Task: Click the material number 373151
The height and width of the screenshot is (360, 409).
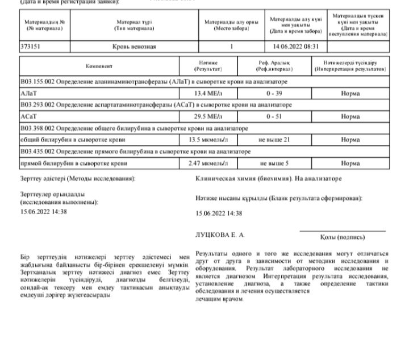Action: [x=30, y=47]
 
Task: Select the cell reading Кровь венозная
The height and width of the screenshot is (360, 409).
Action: [x=134, y=47]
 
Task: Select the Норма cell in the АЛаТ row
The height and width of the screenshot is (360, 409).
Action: [x=350, y=93]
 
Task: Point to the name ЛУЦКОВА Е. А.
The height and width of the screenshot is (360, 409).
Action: [x=220, y=235]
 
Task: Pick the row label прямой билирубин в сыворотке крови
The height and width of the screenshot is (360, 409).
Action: [x=73, y=163]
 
